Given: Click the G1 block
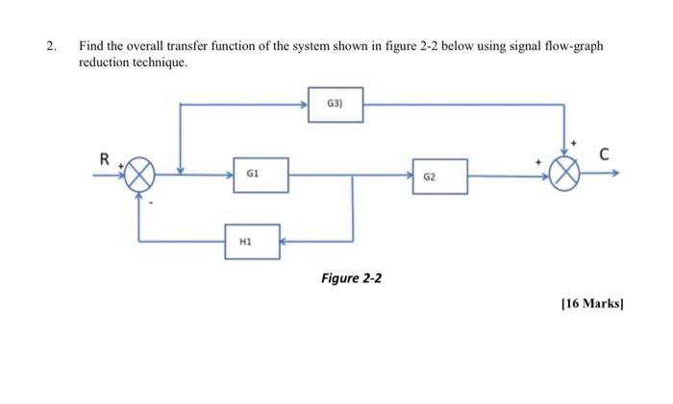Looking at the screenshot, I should (253, 176).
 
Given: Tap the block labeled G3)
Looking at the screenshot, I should (336, 106).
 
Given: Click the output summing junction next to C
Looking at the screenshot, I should (564, 176).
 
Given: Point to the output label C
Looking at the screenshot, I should (604, 154).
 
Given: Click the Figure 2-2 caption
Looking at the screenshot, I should (351, 278).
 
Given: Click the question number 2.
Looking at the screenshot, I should (49, 46).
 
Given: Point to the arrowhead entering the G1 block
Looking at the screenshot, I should (223, 176).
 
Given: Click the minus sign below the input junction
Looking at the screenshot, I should (150, 203).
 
